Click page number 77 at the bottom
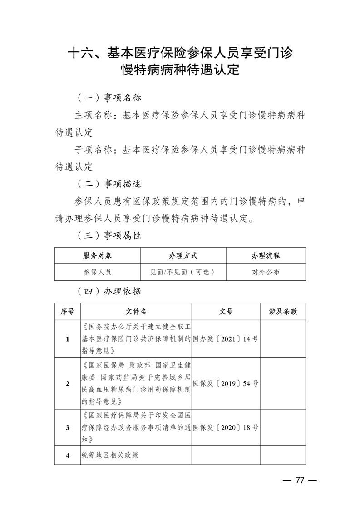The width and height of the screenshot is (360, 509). click(299, 480)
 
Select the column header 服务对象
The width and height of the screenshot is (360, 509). click(98, 255)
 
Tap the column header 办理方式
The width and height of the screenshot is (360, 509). click(183, 255)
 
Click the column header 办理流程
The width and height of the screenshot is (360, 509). click(266, 255)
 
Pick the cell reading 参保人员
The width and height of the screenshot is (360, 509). click(98, 272)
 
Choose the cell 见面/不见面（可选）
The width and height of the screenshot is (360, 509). click(183, 272)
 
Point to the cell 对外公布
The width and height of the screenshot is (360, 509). click(266, 272)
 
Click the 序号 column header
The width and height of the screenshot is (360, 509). click(68, 312)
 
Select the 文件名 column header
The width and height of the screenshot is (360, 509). click(136, 312)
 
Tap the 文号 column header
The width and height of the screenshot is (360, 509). click(226, 312)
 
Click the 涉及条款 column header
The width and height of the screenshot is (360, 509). click(283, 312)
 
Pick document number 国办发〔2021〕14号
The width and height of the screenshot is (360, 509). click(226, 339)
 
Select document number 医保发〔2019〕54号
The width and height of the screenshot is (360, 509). click(226, 383)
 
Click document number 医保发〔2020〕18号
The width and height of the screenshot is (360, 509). click(226, 427)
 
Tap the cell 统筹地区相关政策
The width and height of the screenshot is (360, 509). click(110, 455)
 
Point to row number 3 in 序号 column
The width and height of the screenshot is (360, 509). click(68, 427)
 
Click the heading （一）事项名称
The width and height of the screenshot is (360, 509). click(109, 98)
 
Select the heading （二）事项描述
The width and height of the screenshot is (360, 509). click(109, 184)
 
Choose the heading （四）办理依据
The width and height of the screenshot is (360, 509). click(109, 291)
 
